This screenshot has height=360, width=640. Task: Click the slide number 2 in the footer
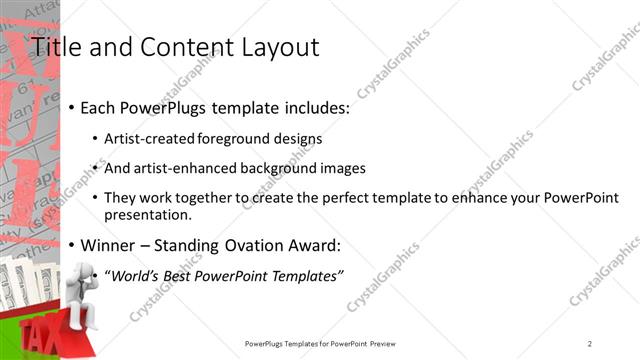click(x=590, y=343)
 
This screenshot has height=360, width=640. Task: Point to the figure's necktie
click(x=77, y=301)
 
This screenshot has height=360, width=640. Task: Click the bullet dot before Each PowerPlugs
click(x=70, y=107)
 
